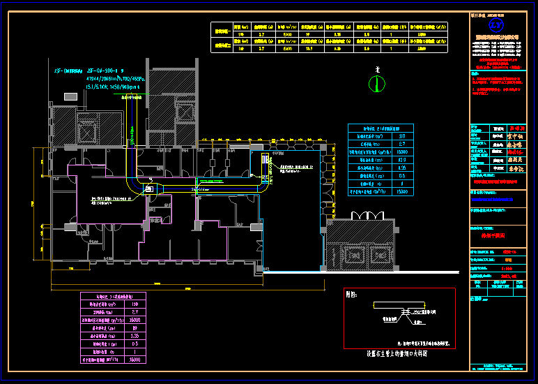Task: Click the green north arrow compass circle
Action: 377,83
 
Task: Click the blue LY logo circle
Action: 495,25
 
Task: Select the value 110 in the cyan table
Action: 401,136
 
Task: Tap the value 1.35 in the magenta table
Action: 134,336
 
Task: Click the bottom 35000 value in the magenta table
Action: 134,359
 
